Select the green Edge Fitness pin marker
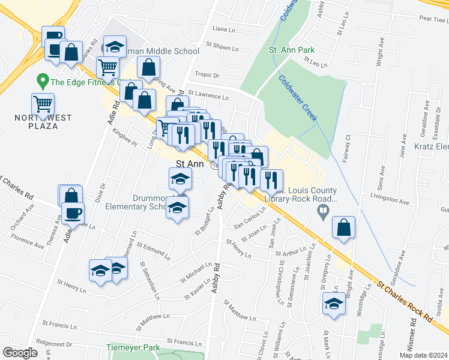coord(43,80)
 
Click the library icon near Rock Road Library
coord(323,211)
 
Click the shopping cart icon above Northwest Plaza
coord(43,104)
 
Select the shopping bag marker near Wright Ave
coord(343,227)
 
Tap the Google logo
coord(20,353)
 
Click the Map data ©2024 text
coord(424,355)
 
